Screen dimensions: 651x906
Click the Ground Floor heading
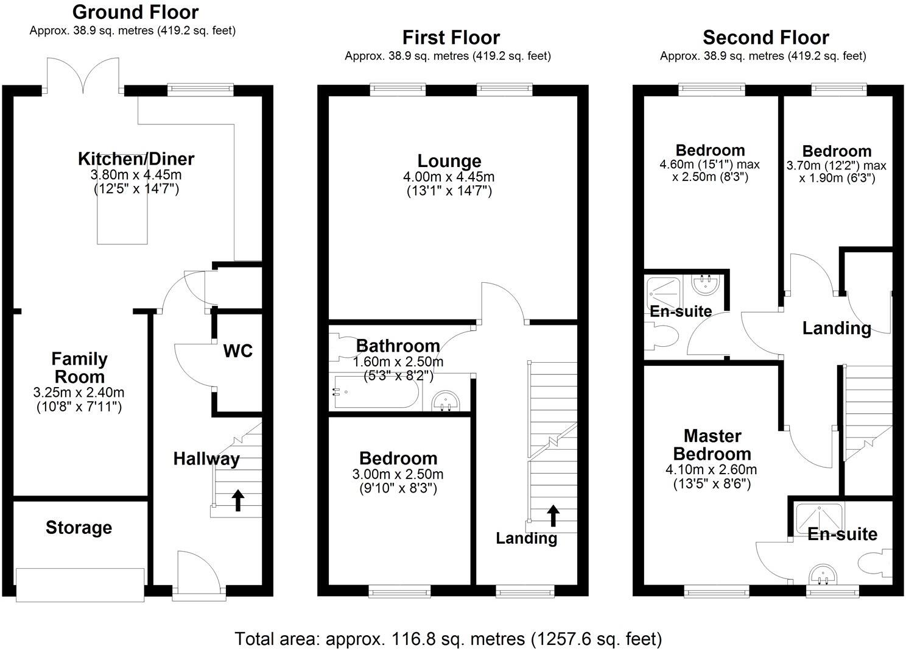[x=135, y=12]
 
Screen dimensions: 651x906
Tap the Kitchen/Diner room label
[x=136, y=159]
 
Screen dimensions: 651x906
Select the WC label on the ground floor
[x=238, y=351]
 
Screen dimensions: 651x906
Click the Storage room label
[x=79, y=527]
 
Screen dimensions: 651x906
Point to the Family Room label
[x=79, y=368]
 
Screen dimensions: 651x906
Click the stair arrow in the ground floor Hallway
[x=238, y=500]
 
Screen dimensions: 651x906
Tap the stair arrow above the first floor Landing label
[x=553, y=515]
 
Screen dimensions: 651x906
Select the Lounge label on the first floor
[x=449, y=161]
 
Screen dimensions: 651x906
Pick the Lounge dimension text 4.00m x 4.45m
[x=449, y=177]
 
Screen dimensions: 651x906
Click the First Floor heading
[x=451, y=38]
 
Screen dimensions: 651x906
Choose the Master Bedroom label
[x=712, y=445]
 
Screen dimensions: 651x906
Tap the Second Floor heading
[x=765, y=38]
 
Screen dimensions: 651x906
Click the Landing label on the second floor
[x=837, y=329]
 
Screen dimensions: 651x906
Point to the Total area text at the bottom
[x=448, y=639]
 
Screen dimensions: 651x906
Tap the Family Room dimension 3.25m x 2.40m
[x=79, y=393]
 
